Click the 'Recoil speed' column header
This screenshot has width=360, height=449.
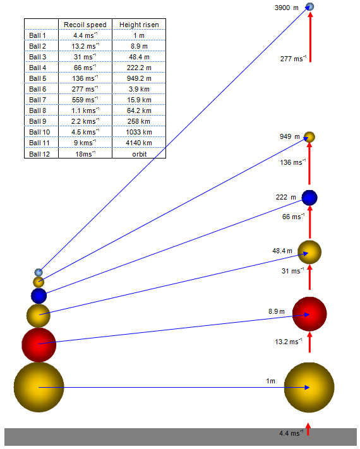pyautogui.click(x=85, y=25)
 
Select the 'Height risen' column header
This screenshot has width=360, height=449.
pyautogui.click(x=139, y=25)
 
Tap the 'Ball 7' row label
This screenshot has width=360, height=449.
pyautogui.click(x=37, y=100)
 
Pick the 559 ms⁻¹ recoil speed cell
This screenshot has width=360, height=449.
pyautogui.click(x=85, y=100)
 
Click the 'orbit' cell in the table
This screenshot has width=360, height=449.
pyautogui.click(x=140, y=154)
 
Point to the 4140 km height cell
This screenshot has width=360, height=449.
pyautogui.click(x=139, y=143)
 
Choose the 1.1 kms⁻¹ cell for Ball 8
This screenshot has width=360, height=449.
pyautogui.click(x=85, y=111)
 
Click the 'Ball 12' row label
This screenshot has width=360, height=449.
pyautogui.click(x=40, y=154)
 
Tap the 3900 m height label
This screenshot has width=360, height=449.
pyautogui.click(x=286, y=8)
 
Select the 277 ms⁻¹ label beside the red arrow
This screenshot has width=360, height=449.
pyautogui.click(x=293, y=59)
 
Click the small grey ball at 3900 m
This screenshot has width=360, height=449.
pyautogui.click(x=310, y=6)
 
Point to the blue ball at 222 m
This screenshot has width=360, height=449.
pyautogui.click(x=309, y=198)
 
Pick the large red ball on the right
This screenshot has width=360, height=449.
pyautogui.click(x=309, y=314)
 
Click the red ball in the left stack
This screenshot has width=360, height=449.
pyautogui.click(x=39, y=345)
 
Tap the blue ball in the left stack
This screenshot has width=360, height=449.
pyautogui.click(x=39, y=296)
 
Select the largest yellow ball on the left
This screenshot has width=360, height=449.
pyautogui.click(x=39, y=387)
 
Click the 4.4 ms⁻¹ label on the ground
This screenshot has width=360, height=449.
pyautogui.click(x=291, y=433)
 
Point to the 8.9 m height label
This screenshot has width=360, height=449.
pyautogui.click(x=277, y=311)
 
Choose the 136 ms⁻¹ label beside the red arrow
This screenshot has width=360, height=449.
pyautogui.click(x=293, y=162)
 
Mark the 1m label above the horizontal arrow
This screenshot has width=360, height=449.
pyautogui.click(x=271, y=381)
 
